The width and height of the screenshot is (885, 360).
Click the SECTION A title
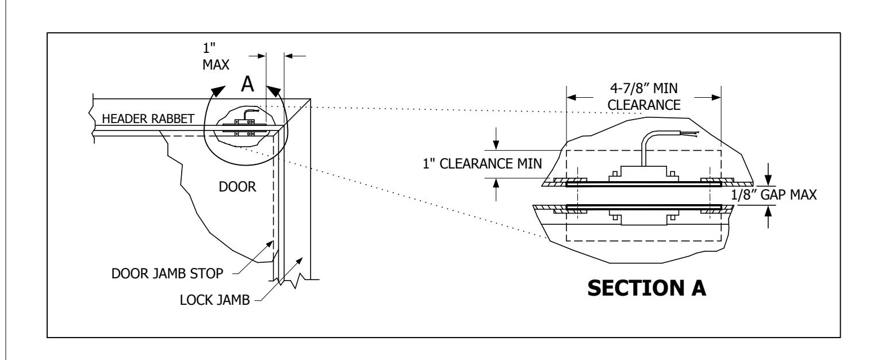click(646, 288)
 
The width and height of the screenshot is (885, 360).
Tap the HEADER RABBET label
click(148, 118)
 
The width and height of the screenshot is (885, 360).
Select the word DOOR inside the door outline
click(237, 186)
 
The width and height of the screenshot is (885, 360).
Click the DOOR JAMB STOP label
click(167, 274)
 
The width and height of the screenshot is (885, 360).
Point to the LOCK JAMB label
click(214, 300)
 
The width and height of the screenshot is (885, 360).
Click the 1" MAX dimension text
click(216, 56)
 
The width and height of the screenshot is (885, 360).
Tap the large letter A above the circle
click(247, 84)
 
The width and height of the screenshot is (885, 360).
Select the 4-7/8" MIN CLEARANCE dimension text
click(644, 97)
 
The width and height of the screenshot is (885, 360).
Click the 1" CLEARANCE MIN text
click(482, 163)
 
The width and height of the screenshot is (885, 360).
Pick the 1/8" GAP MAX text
click(773, 195)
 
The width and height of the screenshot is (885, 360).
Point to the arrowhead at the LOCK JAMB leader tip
click(300, 261)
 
